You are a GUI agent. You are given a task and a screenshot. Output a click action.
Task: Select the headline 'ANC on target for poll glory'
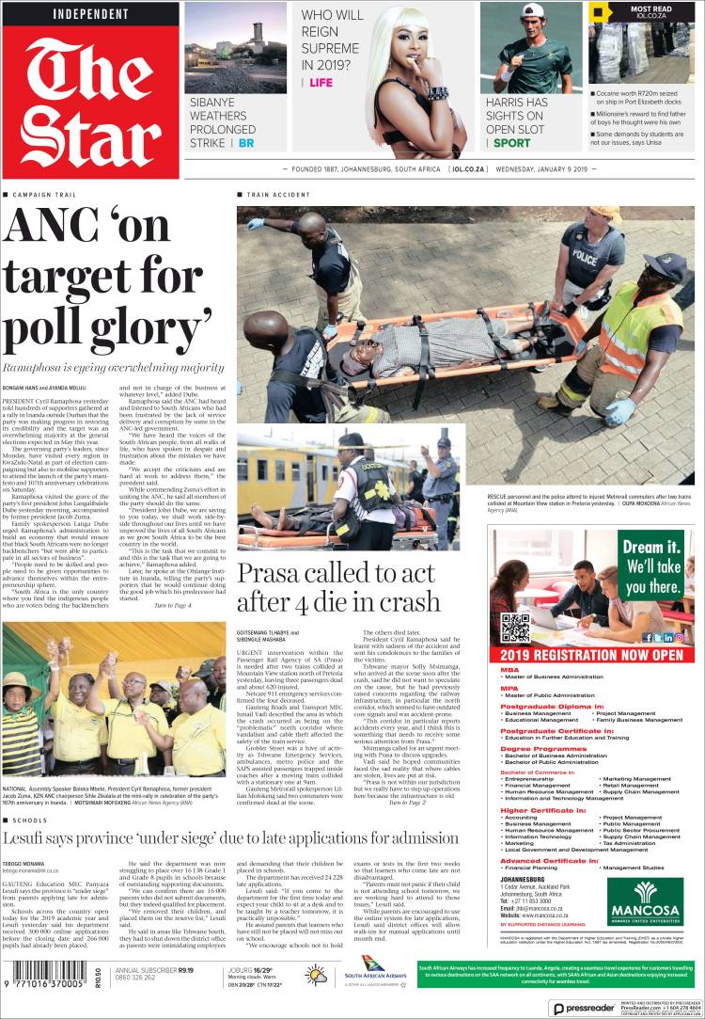[x=108, y=278]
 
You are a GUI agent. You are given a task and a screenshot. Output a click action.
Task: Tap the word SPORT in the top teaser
[x=512, y=143]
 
